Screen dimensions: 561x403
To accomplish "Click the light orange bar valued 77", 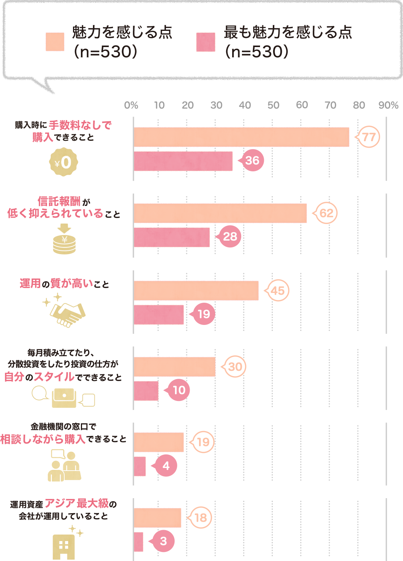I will [x=241, y=137].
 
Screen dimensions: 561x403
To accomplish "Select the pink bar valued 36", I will [x=183, y=161].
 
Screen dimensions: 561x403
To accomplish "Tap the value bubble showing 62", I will [x=326, y=213].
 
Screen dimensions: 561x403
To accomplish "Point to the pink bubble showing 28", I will [x=230, y=236].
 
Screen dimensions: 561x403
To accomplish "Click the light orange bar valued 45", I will [x=196, y=291].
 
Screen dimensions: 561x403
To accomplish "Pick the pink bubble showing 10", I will [x=179, y=390].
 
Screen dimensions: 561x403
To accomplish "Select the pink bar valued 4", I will [x=140, y=466].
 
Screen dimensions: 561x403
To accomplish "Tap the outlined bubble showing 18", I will [x=201, y=518].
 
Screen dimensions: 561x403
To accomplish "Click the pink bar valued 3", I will [x=138, y=542].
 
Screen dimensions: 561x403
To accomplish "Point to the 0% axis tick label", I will [x=131, y=105].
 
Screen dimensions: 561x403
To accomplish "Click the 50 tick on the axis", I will [x=273, y=105].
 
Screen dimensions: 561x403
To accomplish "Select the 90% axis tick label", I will [x=388, y=105].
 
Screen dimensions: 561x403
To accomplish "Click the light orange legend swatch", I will [x=55, y=42].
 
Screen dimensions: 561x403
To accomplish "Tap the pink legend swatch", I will [x=206, y=42].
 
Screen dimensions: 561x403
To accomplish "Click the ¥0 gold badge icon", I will [x=64, y=162].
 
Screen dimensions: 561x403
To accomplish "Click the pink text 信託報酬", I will [x=59, y=201].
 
